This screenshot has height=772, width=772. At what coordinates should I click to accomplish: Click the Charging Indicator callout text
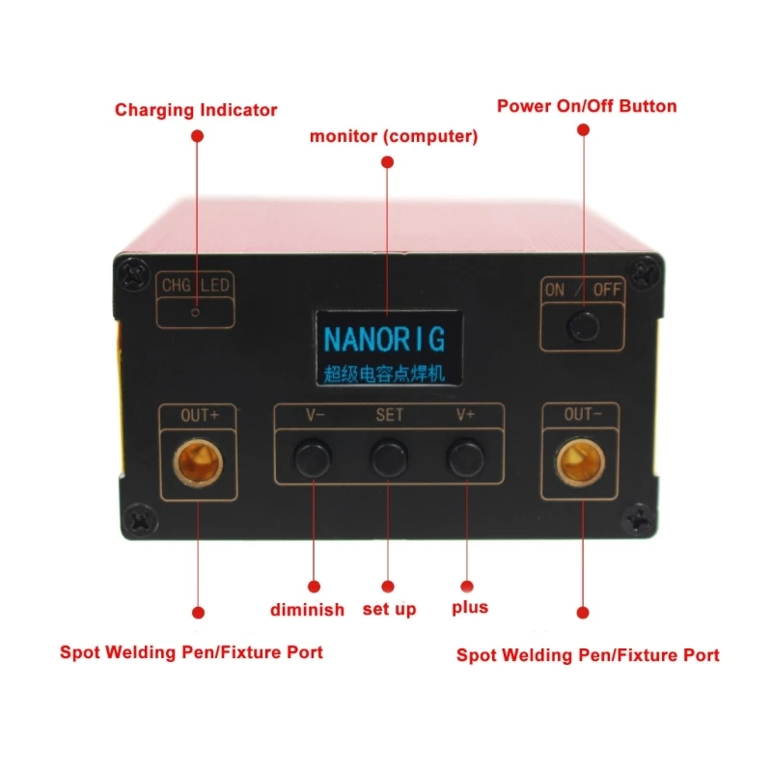coord(196,110)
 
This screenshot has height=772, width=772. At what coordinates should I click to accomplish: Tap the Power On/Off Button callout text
coord(587,106)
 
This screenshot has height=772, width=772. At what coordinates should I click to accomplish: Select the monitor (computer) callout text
coord(394,136)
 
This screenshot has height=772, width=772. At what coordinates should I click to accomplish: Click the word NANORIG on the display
coord(384,340)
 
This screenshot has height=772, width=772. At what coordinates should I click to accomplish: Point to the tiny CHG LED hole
coord(196,313)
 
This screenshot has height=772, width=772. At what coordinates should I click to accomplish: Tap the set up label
coord(390,609)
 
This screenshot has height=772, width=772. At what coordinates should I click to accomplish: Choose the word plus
coord(470,608)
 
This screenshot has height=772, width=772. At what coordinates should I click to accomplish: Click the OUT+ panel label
coord(201,416)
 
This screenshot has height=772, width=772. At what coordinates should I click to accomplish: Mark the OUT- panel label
coord(582,416)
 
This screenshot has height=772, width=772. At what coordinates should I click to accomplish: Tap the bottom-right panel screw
coord(639,523)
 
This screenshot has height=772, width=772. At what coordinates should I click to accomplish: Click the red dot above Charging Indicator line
coord(197,138)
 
